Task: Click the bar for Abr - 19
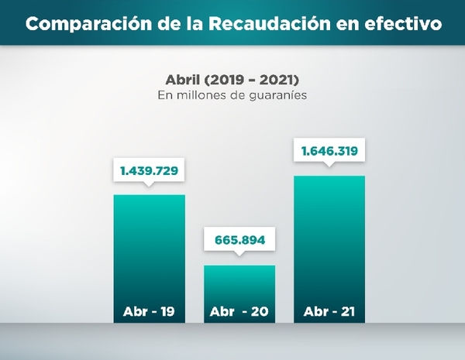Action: [150, 248]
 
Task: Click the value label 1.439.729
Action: [150, 169]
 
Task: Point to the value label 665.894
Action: [239, 240]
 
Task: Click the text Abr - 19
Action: [150, 312]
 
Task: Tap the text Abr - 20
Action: [239, 312]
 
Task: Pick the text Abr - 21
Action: [329, 312]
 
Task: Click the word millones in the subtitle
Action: [200, 96]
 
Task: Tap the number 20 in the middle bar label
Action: [258, 312]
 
